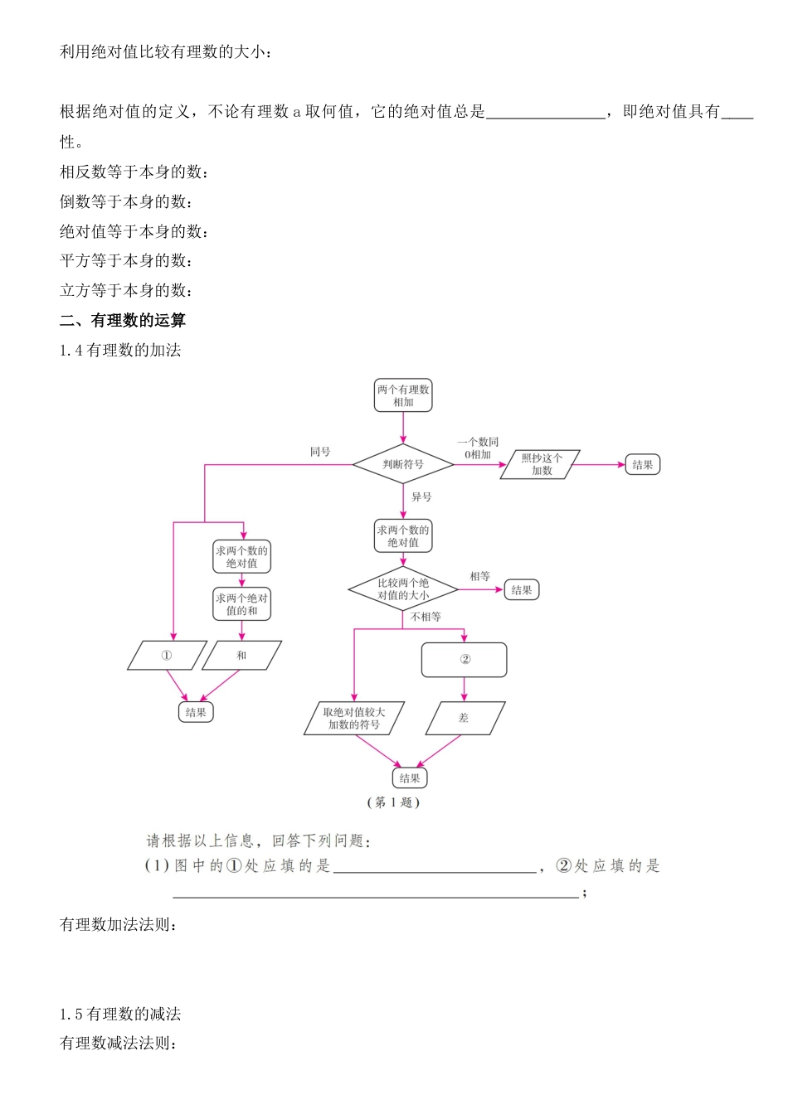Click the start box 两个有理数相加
pos(403,395)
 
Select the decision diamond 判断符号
pos(403,464)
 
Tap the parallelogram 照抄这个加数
pos(541,464)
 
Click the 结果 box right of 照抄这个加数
pos(642,465)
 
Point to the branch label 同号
pos(320,452)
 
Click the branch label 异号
pos(421,497)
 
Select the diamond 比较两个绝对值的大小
pos(403,589)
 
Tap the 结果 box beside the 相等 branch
pos(522,590)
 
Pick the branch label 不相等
pos(426,617)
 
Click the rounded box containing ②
pos(464,660)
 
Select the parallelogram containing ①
pos(167,656)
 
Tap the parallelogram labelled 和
pos(241,656)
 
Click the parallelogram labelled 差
pos(464,719)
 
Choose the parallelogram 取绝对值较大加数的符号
pos(354,719)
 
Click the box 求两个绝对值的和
pos(241,604)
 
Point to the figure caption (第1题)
pos(393,802)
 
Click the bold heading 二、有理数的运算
pos(123,321)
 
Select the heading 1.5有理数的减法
pos(120,1014)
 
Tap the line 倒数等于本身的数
pos(126,201)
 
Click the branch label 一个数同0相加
pos(478,448)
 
